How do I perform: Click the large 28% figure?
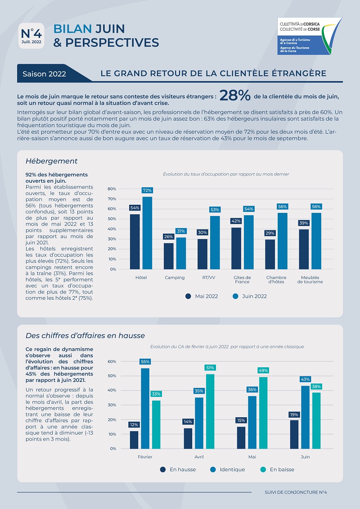pyautogui.click(x=235, y=96)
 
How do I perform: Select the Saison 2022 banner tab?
pyautogui.click(x=45, y=74)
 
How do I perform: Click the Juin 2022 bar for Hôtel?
pyautogui.click(x=147, y=233)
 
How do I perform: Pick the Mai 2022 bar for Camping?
pyautogui.click(x=169, y=256)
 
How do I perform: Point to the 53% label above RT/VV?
pyautogui.click(x=215, y=209)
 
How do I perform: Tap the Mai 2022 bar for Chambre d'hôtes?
pyautogui.click(x=270, y=254)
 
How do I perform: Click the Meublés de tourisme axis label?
pyautogui.click(x=310, y=279)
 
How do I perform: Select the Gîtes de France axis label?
pyautogui.click(x=242, y=279)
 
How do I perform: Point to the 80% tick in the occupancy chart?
pyautogui.click(x=112, y=189)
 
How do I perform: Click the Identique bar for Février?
pyautogui.click(x=145, y=408)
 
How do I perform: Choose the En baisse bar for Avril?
pyautogui.click(x=210, y=411)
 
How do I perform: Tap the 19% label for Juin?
pyautogui.click(x=294, y=414)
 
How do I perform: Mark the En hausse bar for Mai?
pyautogui.click(x=241, y=437)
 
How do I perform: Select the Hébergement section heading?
pyautogui.click(x=52, y=161)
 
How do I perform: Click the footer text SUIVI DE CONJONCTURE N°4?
pyautogui.click(x=296, y=492)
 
